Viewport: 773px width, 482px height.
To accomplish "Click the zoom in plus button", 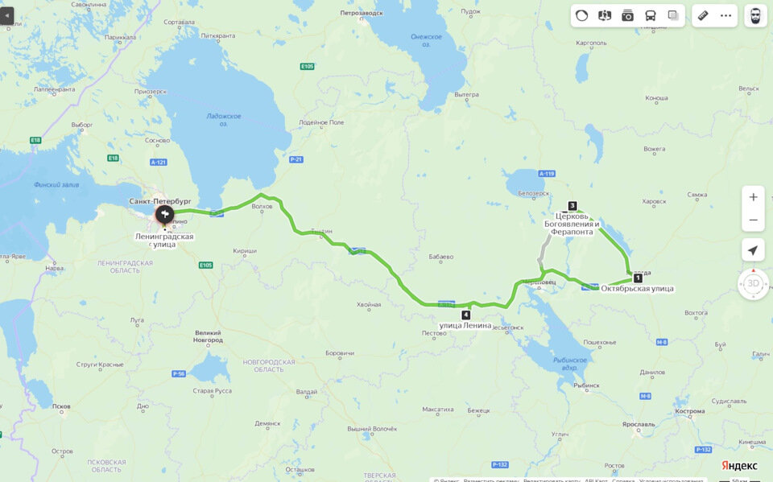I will [753, 197].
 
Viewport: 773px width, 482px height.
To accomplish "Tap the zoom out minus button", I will [753, 220].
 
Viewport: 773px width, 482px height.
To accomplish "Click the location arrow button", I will [753, 250].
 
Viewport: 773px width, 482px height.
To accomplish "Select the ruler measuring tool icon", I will [703, 15].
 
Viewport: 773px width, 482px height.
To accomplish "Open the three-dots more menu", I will [725, 15].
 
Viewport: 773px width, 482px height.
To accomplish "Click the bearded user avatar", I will [755, 15].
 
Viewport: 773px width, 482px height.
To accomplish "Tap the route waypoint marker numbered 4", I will [466, 315].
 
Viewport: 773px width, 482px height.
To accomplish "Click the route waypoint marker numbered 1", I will [638, 278].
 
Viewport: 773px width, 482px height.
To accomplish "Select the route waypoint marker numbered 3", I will [573, 205].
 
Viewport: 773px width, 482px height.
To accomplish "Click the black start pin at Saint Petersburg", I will [164, 214].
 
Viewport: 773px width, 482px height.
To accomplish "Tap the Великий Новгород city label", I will [209, 336].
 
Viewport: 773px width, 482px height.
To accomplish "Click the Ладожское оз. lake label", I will [217, 119].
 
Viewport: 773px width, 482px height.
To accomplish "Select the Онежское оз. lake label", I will [426, 40].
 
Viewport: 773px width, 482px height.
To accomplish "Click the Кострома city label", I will [691, 411].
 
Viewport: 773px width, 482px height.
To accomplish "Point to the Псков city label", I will [60, 406].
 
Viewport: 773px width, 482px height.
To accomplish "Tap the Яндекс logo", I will [738, 466].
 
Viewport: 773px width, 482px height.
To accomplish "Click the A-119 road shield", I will [547, 174].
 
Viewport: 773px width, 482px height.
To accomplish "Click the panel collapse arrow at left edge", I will [7, 15].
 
